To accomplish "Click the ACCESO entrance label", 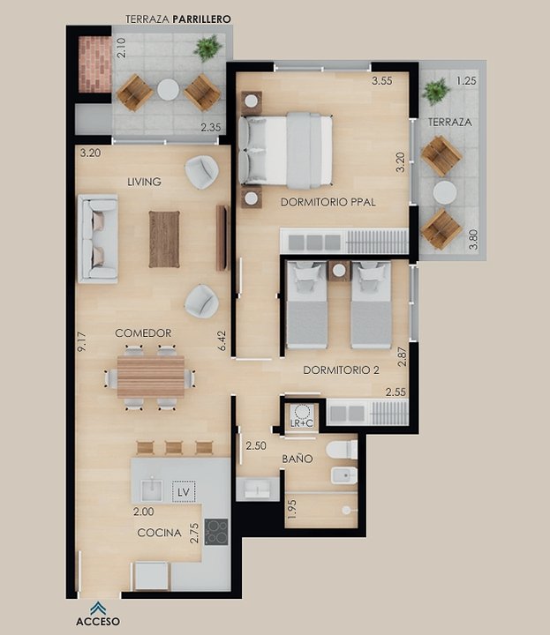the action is [x=98, y=621].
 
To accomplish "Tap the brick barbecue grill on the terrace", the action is [x=94, y=64].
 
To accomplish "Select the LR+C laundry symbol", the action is [x=302, y=416].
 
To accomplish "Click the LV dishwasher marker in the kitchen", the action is [x=184, y=492].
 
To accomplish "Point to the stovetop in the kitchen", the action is [x=216, y=532].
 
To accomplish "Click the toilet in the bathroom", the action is [x=342, y=450].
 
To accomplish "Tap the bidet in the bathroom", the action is [x=344, y=475].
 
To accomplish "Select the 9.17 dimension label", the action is [x=82, y=342].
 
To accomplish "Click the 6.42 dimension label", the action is [x=222, y=341].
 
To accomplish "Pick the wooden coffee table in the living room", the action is [x=164, y=239].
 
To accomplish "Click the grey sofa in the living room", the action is [x=98, y=238].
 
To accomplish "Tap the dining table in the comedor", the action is [x=151, y=377].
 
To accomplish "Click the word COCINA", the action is [x=159, y=533].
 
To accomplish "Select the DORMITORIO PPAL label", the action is [x=328, y=202].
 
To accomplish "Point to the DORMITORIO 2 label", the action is [x=342, y=370].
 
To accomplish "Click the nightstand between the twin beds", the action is [x=339, y=271].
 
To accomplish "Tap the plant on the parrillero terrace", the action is [x=208, y=48].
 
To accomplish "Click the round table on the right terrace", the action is [x=445, y=192].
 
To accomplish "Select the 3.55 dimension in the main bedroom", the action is [x=382, y=80].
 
